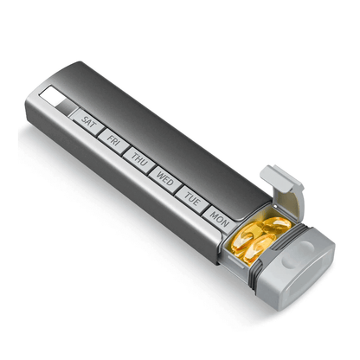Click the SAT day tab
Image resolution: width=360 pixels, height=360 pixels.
click(87, 122)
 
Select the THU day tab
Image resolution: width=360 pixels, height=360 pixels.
click(138, 157)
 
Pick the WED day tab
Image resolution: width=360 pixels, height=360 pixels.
click(164, 176)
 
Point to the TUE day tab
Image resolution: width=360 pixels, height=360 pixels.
click(192, 196)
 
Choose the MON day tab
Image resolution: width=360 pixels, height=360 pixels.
click(220, 217)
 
